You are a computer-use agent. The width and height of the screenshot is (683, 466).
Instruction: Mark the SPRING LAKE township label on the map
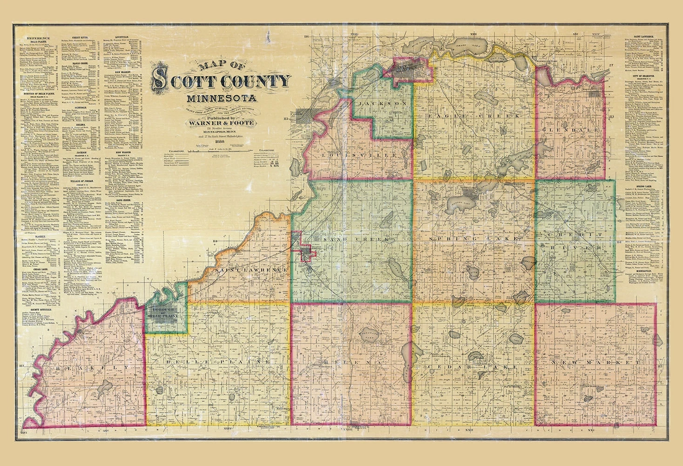[x=474, y=239]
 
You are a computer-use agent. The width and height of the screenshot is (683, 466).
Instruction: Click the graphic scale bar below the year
[x=221, y=152]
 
